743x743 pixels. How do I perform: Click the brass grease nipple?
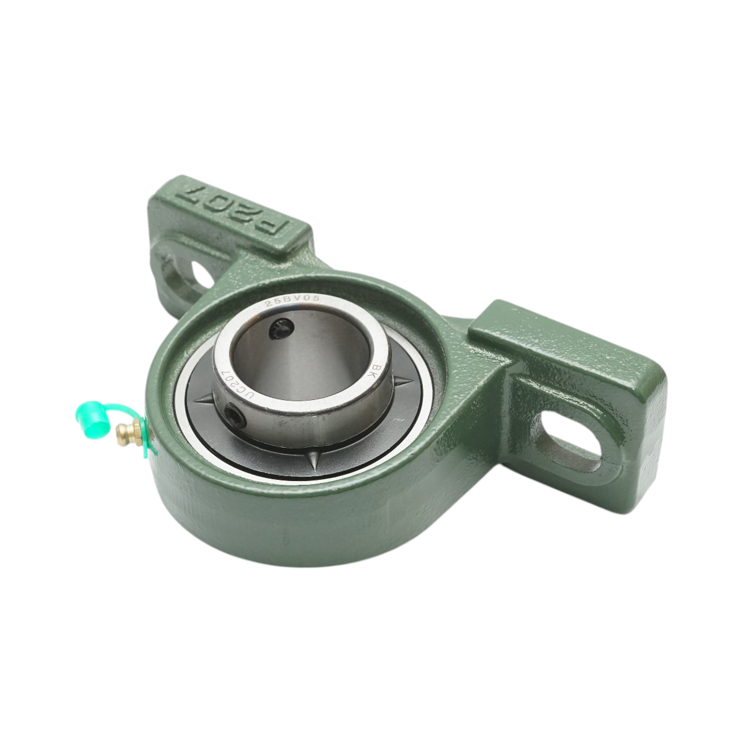pyautogui.click(x=128, y=427)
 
